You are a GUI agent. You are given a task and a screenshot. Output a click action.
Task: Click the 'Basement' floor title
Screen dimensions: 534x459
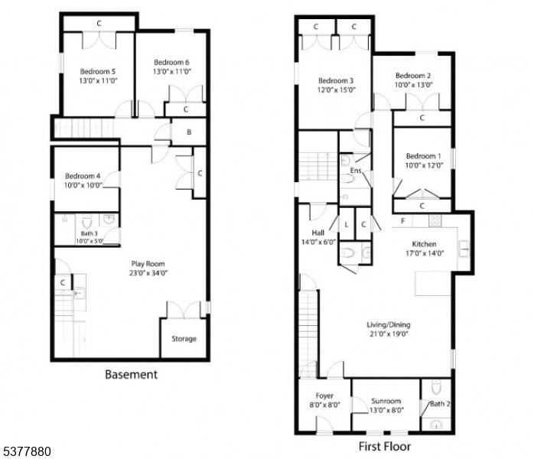(131, 375)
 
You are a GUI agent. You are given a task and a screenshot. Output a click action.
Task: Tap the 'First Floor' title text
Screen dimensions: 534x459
(385, 447)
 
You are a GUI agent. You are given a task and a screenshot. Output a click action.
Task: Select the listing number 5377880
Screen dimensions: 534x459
(27, 451)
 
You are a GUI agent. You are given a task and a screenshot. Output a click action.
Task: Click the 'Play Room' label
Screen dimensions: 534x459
(148, 264)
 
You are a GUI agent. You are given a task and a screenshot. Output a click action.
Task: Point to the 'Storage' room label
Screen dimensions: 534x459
(184, 338)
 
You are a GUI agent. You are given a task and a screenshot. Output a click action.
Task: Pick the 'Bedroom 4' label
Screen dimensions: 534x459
(83, 176)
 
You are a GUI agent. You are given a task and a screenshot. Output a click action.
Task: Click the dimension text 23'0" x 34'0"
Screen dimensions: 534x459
(148, 273)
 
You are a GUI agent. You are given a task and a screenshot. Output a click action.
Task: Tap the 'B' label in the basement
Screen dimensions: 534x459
(189, 132)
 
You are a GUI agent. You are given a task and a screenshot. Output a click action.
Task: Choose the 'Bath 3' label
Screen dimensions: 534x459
(90, 233)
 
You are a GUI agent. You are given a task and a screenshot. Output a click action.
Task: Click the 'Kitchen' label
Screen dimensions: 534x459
(424, 244)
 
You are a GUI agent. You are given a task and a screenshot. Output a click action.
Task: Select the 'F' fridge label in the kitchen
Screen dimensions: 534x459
(402, 221)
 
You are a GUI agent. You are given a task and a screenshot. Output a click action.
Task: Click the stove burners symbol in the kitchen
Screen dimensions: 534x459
(435, 220)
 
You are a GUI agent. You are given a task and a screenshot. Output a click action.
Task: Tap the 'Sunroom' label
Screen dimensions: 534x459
(386, 401)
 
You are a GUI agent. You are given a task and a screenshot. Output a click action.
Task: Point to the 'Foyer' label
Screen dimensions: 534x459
(324, 396)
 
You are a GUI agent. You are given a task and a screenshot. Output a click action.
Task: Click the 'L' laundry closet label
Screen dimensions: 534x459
(347, 224)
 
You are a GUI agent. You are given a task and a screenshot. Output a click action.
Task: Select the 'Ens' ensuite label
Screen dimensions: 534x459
(356, 171)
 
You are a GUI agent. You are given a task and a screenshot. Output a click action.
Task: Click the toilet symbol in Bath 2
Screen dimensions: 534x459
(436, 387)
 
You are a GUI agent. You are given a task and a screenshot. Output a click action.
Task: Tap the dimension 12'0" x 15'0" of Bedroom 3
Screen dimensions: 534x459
(337, 90)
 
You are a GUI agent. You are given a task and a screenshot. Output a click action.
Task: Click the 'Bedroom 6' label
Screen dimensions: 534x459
(171, 62)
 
